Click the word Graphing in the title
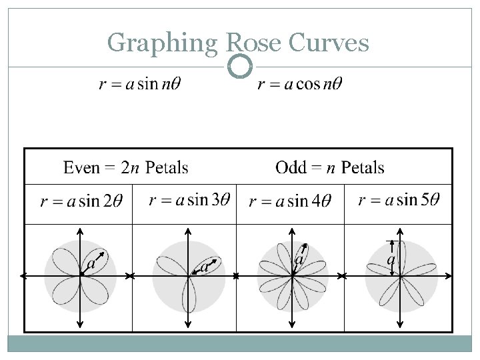(x=163, y=44)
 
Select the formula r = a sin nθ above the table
(x=139, y=85)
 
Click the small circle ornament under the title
(x=240, y=66)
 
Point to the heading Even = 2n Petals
(x=126, y=167)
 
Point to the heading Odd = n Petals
(x=329, y=167)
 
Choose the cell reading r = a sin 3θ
(x=189, y=200)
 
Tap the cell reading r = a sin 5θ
(x=399, y=200)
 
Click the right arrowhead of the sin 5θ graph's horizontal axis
(x=449, y=276)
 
